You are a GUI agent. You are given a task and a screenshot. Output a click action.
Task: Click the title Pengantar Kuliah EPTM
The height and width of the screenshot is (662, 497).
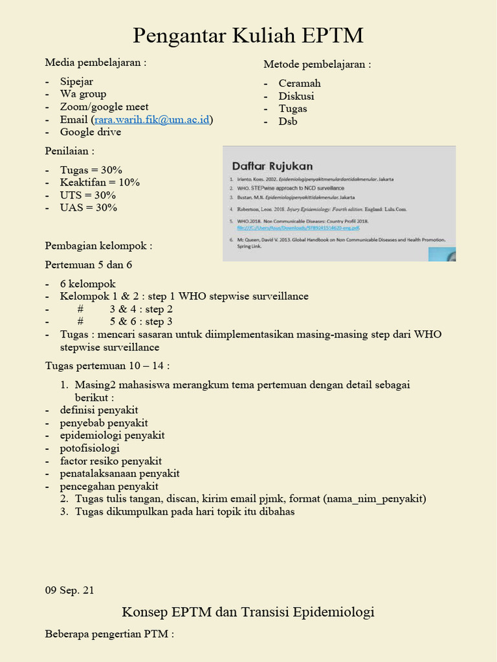[248, 36]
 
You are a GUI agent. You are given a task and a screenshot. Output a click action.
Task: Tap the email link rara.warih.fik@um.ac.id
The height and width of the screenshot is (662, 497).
[152, 120]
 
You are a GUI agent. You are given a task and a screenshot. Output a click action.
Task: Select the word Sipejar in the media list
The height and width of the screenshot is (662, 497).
[76, 81]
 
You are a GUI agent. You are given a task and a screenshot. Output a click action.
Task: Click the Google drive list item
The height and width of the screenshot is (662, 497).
[91, 132]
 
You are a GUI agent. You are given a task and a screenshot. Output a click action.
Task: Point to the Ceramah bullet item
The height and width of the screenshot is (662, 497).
[300, 83]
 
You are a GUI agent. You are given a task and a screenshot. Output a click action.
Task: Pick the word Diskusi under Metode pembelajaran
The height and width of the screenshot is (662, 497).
[296, 96]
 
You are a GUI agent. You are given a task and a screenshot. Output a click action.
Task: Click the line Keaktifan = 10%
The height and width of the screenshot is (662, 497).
[100, 182]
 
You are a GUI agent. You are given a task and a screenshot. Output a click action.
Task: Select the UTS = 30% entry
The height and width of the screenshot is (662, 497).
[88, 195]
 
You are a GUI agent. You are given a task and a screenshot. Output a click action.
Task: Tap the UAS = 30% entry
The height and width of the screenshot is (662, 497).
[89, 208]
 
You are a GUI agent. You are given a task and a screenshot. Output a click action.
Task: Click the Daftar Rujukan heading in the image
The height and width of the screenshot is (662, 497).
[272, 165]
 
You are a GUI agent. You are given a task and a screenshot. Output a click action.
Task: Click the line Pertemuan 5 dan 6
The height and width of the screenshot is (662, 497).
[89, 264]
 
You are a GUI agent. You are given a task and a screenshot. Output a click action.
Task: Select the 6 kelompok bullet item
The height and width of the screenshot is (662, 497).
[88, 284]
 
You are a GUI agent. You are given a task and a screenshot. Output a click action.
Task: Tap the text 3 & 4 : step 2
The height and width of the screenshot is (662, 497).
[141, 309]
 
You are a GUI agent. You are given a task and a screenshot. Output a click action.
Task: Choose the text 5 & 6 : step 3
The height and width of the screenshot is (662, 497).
[141, 321]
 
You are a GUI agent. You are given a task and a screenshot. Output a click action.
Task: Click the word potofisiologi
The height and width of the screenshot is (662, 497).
[90, 448]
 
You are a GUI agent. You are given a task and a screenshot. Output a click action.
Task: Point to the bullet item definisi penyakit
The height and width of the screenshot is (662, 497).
[99, 410]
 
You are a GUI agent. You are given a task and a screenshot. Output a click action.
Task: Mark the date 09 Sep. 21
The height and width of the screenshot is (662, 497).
[69, 590]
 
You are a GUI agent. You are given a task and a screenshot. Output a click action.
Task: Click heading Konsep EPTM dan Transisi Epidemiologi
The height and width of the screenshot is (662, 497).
[248, 612]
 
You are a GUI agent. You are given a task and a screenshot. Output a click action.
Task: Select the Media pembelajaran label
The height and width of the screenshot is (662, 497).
[96, 63]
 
